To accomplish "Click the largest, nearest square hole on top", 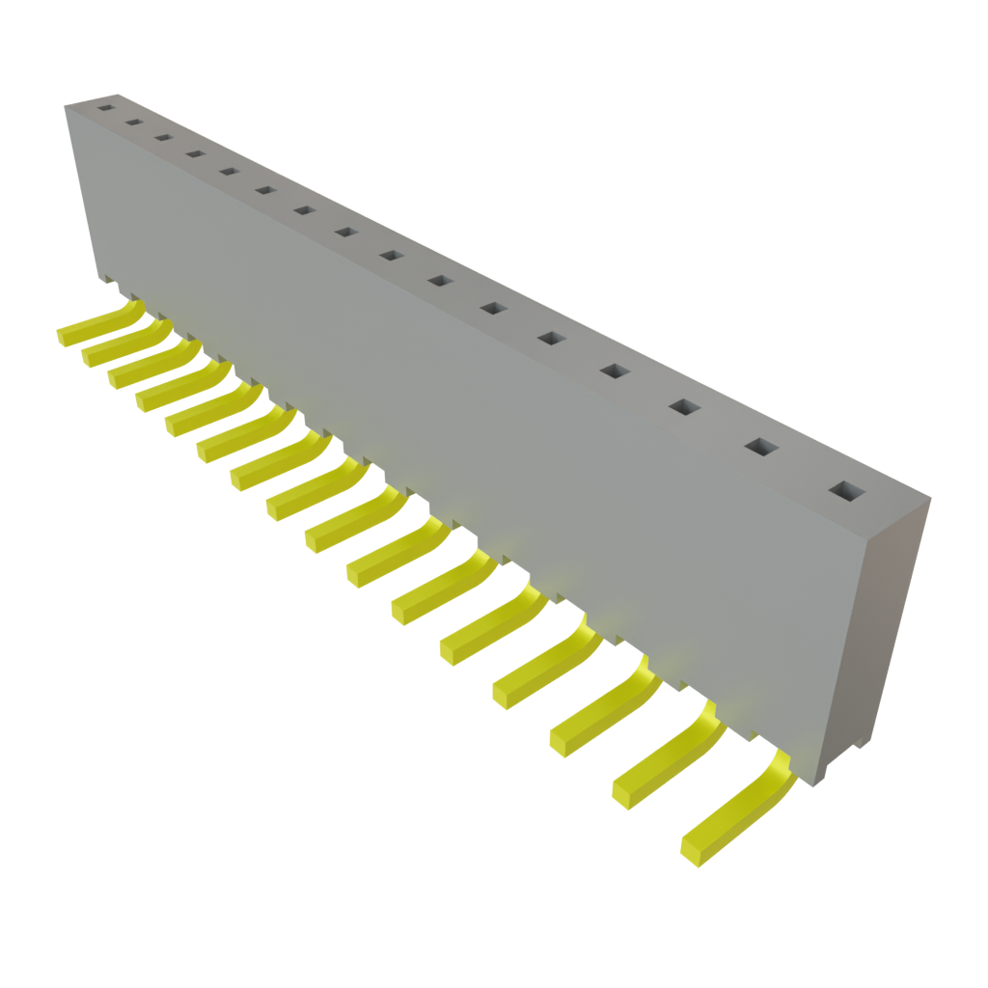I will (x=845, y=492).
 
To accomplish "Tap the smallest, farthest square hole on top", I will (x=104, y=107).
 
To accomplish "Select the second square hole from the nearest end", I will (x=760, y=448).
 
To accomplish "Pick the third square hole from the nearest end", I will (x=683, y=408).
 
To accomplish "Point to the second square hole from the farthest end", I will (x=133, y=123).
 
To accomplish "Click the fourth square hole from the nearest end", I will (x=614, y=371).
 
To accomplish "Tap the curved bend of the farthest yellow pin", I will (x=131, y=310).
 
